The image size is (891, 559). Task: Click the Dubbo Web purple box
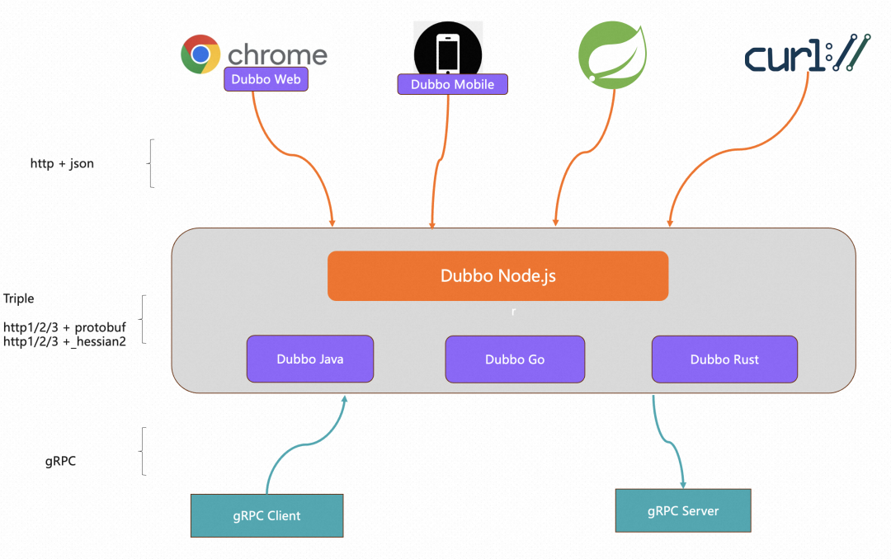(266, 79)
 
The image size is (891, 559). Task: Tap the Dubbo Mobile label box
(452, 84)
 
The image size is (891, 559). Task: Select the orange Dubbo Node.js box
(497, 275)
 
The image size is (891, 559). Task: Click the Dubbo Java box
(310, 359)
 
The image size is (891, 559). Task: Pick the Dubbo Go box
(515, 359)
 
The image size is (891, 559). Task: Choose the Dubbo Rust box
(724, 359)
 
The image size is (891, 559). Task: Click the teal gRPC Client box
(266, 515)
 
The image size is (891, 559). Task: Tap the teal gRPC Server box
(683, 510)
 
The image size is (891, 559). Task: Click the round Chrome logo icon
(200, 54)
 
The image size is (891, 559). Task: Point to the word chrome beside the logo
(277, 55)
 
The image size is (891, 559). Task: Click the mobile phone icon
(448, 51)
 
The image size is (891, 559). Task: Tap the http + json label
(62, 163)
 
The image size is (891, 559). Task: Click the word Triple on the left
(19, 298)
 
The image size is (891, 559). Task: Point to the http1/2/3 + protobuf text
(64, 327)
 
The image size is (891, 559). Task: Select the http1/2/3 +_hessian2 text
(64, 341)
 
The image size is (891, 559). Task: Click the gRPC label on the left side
(60, 461)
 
